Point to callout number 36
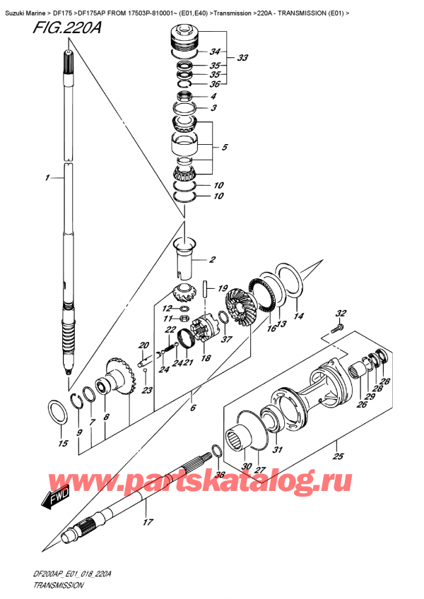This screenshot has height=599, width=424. tap(216, 85)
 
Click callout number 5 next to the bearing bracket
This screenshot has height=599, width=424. tap(225, 148)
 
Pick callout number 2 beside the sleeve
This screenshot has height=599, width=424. tap(212, 260)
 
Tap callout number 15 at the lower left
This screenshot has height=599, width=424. tap(62, 444)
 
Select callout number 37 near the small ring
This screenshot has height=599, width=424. tap(227, 338)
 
